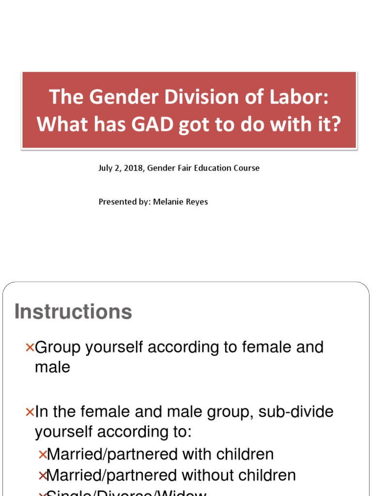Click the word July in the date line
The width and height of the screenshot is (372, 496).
tap(105, 168)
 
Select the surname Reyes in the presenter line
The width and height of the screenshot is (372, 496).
tap(196, 201)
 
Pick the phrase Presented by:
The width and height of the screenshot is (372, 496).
tap(124, 201)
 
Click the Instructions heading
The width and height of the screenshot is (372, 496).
tap(73, 311)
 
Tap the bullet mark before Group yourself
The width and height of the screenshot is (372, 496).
tap(30, 347)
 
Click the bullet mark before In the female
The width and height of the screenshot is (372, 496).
tap(30, 412)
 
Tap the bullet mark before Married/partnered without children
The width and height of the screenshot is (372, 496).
tap(43, 476)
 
